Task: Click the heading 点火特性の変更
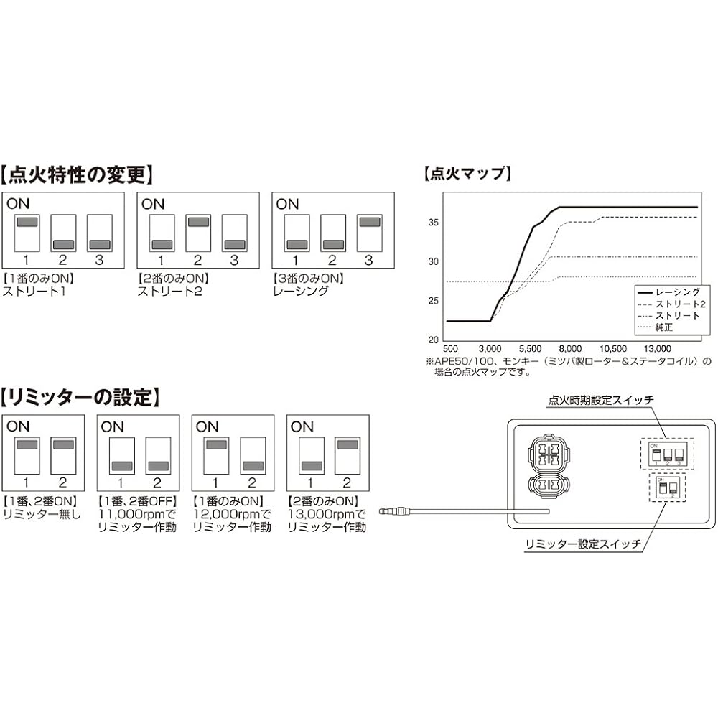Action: click(77, 175)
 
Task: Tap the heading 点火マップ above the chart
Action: click(467, 173)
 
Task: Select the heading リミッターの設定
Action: click(80, 397)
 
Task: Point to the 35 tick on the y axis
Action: click(433, 223)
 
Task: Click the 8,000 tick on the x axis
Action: click(570, 349)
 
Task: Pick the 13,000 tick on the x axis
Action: click(658, 349)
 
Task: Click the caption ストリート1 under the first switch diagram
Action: click(34, 292)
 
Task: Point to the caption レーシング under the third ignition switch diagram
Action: click(301, 292)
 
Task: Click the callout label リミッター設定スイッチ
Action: click(583, 544)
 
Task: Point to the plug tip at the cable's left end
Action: click(383, 510)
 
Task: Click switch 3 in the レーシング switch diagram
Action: click(370, 233)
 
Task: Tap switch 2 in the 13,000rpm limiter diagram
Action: click(348, 455)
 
